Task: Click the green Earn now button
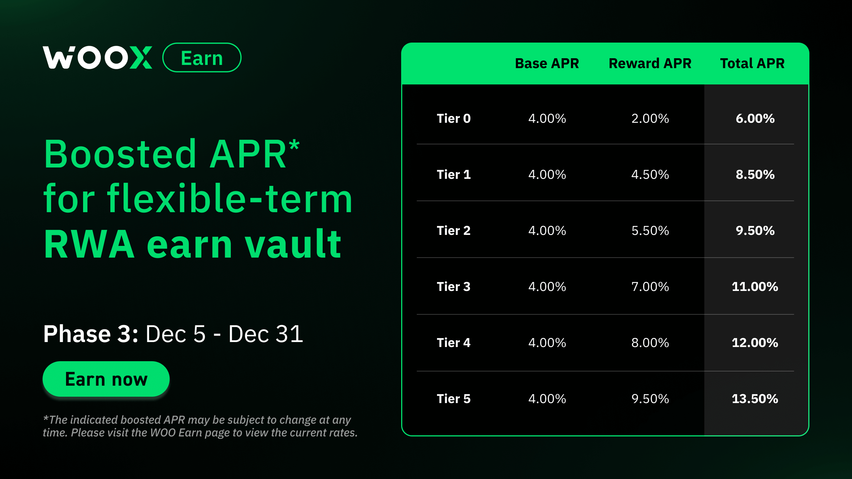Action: click(106, 379)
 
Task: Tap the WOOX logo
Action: click(97, 57)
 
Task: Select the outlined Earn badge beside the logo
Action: click(202, 58)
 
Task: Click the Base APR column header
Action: click(547, 64)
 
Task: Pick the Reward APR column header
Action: click(650, 64)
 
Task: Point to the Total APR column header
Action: click(752, 64)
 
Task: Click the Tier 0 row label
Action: click(453, 119)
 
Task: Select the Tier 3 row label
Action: click(453, 287)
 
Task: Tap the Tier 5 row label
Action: click(453, 399)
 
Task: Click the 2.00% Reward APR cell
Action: click(650, 119)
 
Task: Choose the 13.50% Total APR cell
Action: click(755, 399)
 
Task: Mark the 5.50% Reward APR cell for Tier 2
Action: click(650, 231)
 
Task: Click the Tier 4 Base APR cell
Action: click(547, 343)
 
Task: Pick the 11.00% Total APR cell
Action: click(755, 287)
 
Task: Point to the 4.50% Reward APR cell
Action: click(650, 175)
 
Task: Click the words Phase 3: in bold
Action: click(91, 334)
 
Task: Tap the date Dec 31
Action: click(266, 334)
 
